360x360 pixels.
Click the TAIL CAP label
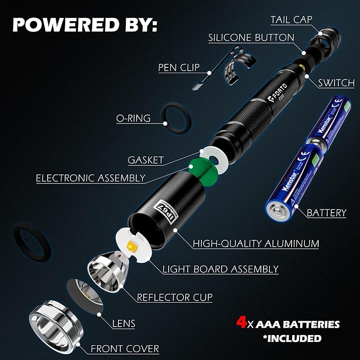click(291, 20)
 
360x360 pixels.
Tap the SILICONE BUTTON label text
click(251, 38)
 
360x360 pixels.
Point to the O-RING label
click(133, 118)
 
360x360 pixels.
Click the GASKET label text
click(146, 160)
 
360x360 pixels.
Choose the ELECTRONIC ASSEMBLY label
click(91, 178)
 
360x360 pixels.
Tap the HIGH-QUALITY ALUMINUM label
click(256, 244)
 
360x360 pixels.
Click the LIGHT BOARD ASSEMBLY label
click(221, 269)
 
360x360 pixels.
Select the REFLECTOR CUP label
click(175, 297)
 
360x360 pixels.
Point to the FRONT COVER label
click(125, 349)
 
